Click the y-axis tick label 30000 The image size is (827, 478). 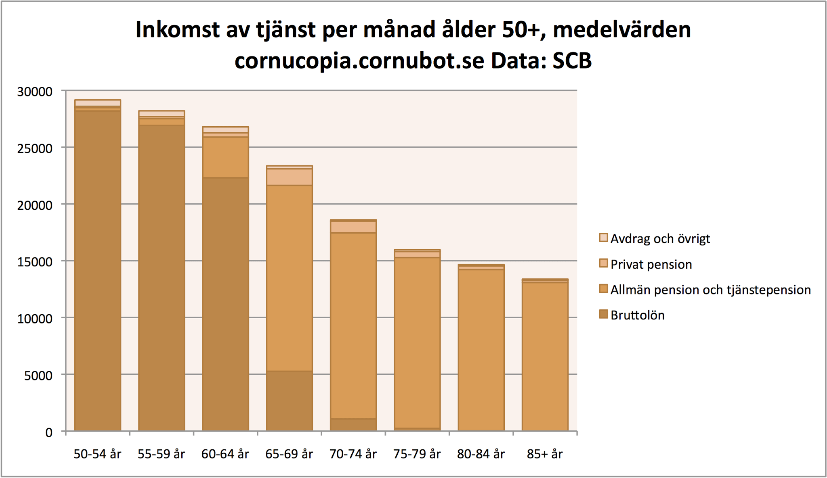[x=35, y=92]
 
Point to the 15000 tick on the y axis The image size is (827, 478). [x=35, y=262]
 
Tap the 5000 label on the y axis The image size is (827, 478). [x=38, y=376]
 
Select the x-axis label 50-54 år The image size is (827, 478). [x=97, y=454]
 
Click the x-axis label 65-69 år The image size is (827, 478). [x=289, y=454]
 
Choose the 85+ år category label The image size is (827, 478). [x=545, y=454]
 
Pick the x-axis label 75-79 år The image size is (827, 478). [x=417, y=454]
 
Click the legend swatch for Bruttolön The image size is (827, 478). [x=603, y=315]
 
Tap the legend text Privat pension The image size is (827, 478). [x=651, y=265]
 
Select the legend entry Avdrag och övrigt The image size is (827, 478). [x=660, y=239]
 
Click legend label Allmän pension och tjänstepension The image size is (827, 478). [x=710, y=290]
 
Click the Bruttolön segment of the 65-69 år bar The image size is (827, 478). [x=289, y=401]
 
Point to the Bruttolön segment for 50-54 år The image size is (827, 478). [x=98, y=270]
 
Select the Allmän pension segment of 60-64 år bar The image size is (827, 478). [x=225, y=157]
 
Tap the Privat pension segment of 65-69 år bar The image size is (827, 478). [x=289, y=177]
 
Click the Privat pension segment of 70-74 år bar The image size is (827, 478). [x=353, y=227]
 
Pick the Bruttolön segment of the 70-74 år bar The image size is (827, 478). [x=353, y=425]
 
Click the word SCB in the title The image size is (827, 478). [x=572, y=61]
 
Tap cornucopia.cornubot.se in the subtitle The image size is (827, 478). [x=359, y=61]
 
